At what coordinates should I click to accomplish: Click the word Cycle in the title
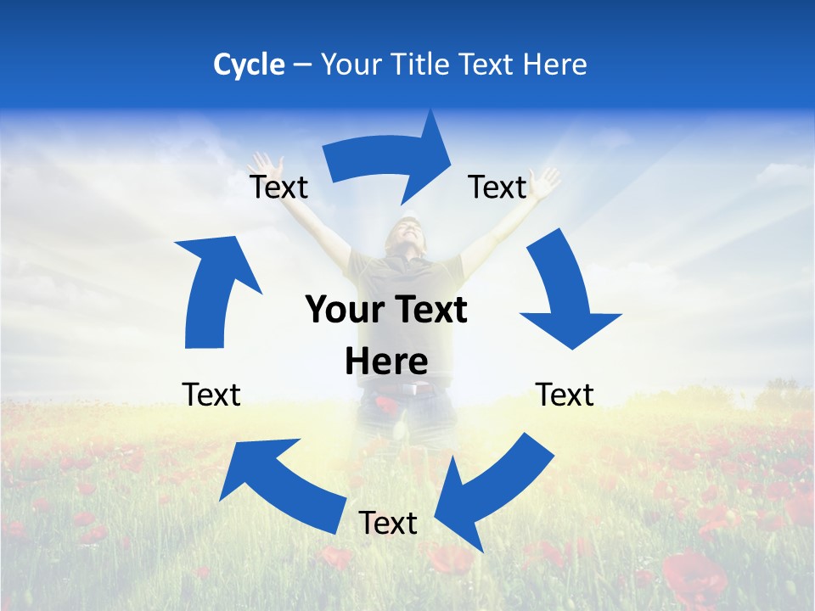(249, 64)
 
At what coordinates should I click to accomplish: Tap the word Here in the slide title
(555, 64)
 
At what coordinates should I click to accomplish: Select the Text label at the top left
(279, 187)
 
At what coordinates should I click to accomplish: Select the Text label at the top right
(497, 187)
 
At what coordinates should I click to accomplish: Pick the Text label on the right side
(565, 395)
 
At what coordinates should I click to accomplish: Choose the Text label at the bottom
(388, 523)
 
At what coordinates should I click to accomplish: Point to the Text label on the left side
(211, 395)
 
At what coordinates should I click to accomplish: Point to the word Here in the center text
(386, 362)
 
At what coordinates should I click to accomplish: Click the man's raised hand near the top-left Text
(267, 163)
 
